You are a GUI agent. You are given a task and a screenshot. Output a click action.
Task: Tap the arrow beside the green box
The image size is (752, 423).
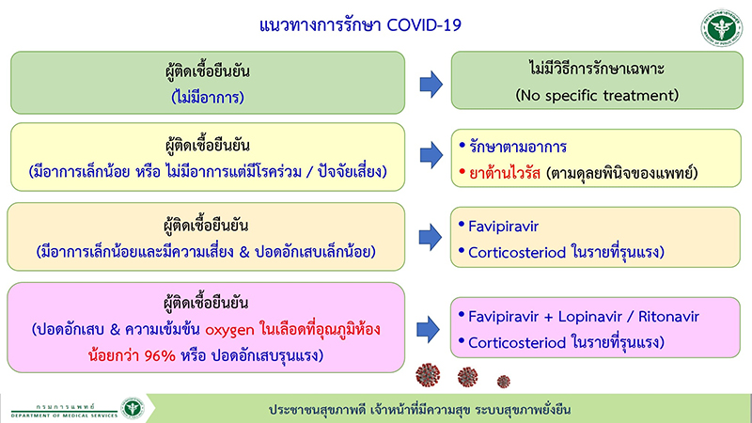pos(431,84)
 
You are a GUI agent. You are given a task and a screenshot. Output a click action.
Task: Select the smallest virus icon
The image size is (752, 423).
pos(503,381)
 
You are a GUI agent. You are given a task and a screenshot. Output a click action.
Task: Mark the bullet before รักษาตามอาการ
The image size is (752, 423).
pos(462,148)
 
